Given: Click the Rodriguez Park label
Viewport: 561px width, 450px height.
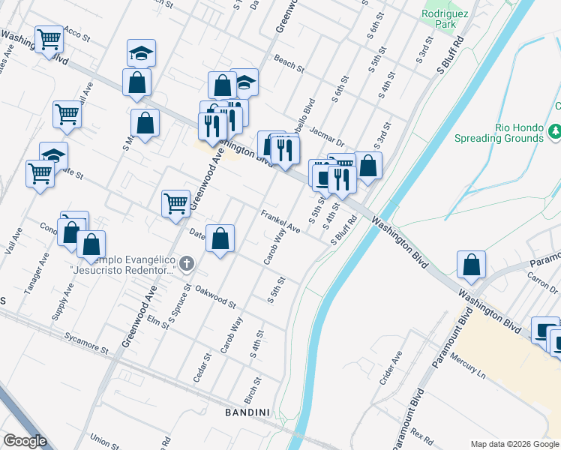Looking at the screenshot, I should point(439,19).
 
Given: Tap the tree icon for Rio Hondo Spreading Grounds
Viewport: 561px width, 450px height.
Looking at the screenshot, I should point(555,132).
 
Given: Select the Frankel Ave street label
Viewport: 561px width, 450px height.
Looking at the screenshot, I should point(280,222).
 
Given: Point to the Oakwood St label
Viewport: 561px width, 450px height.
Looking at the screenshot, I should point(215,297).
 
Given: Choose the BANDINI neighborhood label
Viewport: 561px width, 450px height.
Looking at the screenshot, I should point(247,412).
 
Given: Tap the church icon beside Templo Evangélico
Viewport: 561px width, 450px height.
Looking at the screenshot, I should point(187,263).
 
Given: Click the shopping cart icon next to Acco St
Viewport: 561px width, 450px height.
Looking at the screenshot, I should point(49,37).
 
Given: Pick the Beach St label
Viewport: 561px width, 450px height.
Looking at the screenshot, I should point(289,64).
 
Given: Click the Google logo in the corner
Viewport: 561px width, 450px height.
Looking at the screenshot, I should point(24,442).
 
